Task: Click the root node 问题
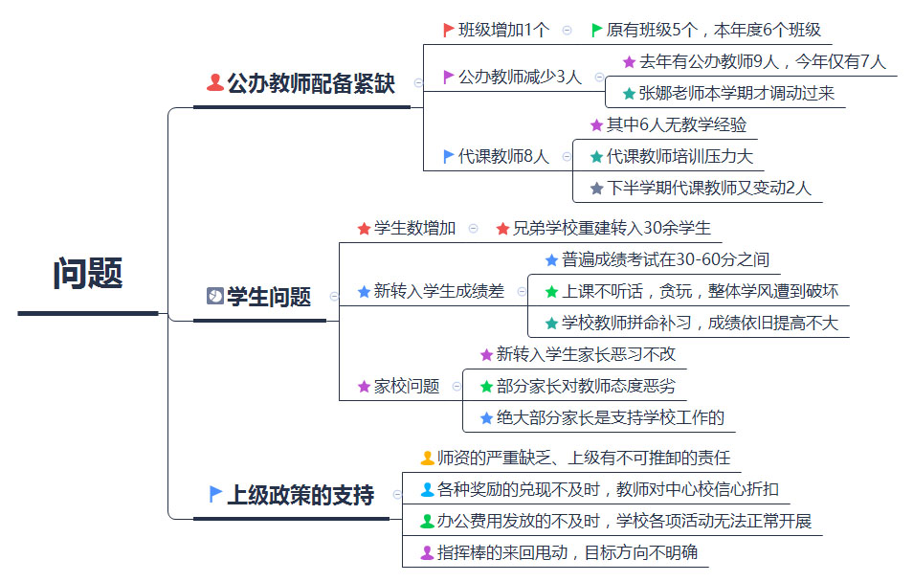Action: [88, 273]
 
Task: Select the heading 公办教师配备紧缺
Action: [311, 83]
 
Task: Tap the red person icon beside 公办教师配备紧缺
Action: [215, 82]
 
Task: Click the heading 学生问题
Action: [269, 297]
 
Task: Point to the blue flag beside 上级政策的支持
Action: [215, 494]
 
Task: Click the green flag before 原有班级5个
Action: [596, 30]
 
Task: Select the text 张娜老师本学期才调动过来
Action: [737, 93]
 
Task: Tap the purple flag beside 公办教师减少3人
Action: [448, 77]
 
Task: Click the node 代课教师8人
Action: [503, 156]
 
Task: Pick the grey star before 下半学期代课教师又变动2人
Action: [596, 189]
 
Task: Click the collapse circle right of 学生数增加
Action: [474, 229]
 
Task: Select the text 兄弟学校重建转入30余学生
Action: [612, 229]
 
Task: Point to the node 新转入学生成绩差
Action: [438, 291]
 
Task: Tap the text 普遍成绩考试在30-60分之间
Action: [665, 259]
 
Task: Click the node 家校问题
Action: [407, 387]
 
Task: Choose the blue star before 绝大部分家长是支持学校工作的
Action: [487, 417]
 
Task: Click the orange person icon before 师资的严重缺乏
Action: [428, 458]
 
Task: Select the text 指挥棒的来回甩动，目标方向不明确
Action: [568, 552]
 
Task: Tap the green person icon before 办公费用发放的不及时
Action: [428, 521]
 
